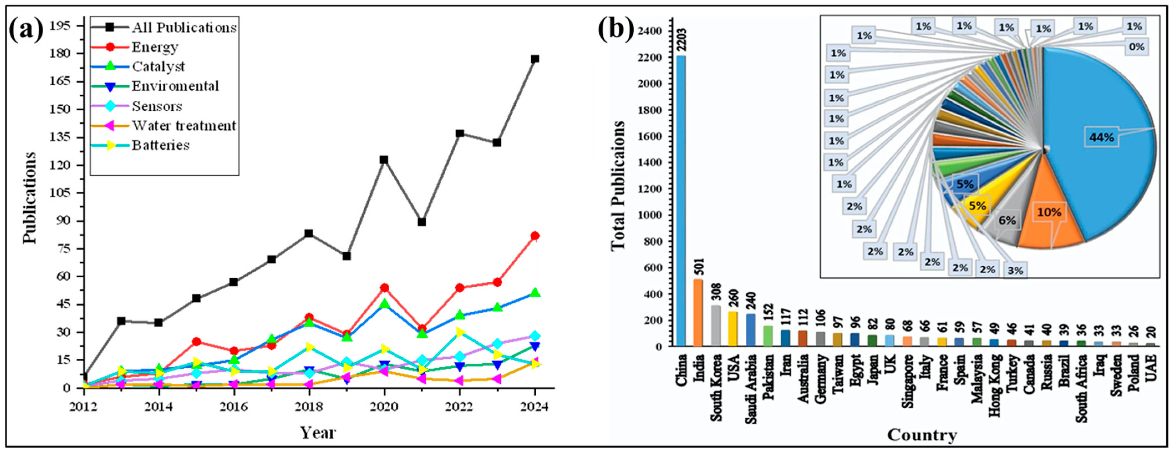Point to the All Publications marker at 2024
535,59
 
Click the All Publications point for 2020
384,160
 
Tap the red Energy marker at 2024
535,236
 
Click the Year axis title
318,432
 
